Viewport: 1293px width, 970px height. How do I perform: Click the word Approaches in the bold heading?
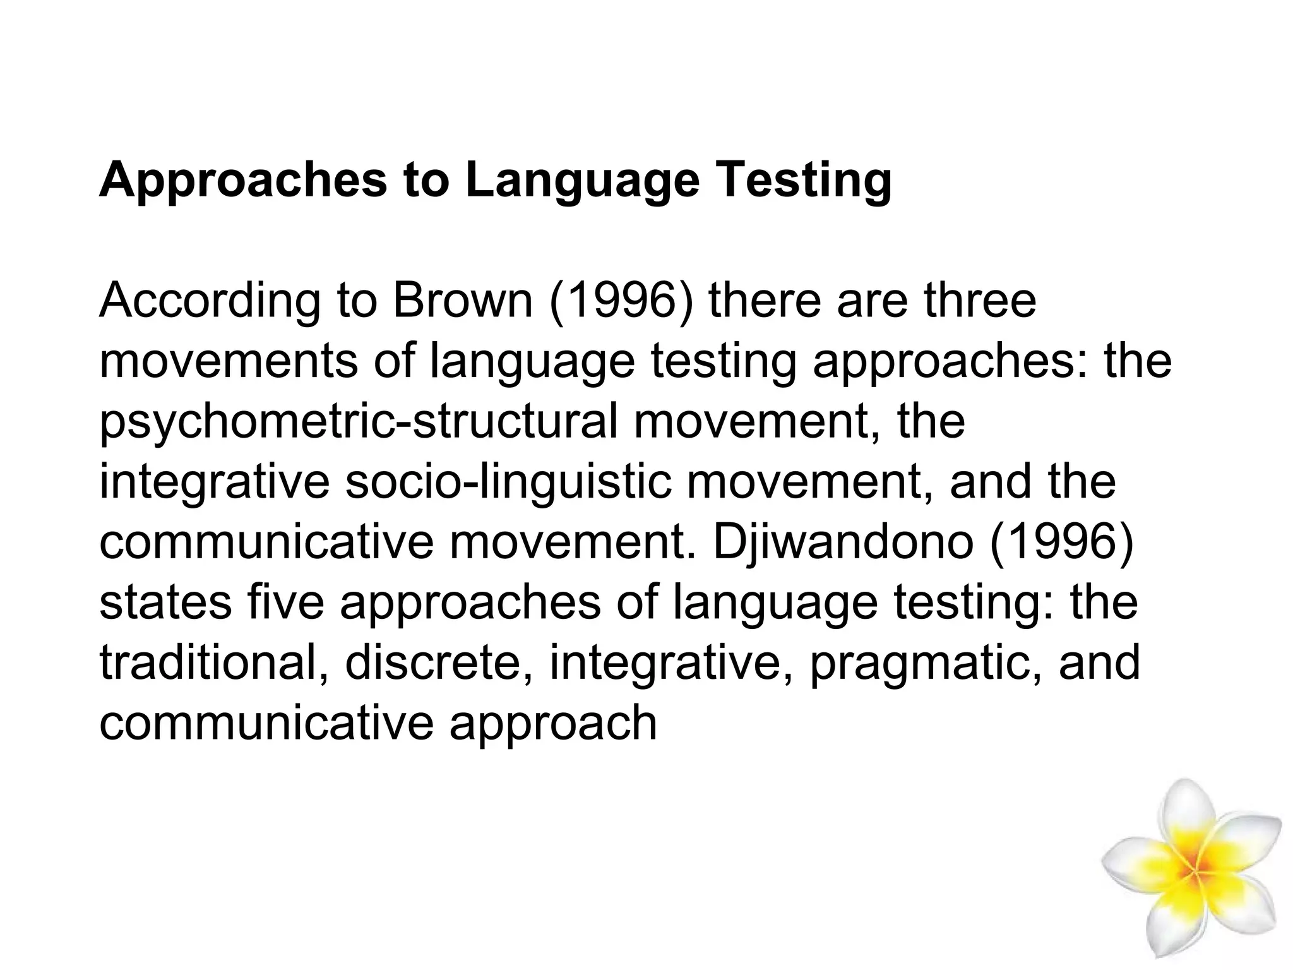pos(242,181)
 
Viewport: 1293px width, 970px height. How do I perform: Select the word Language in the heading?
pos(583,181)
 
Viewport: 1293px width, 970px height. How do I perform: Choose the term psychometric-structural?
pos(359,422)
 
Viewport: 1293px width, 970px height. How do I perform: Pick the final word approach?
pos(553,724)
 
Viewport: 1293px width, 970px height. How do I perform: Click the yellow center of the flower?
pos(1193,871)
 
